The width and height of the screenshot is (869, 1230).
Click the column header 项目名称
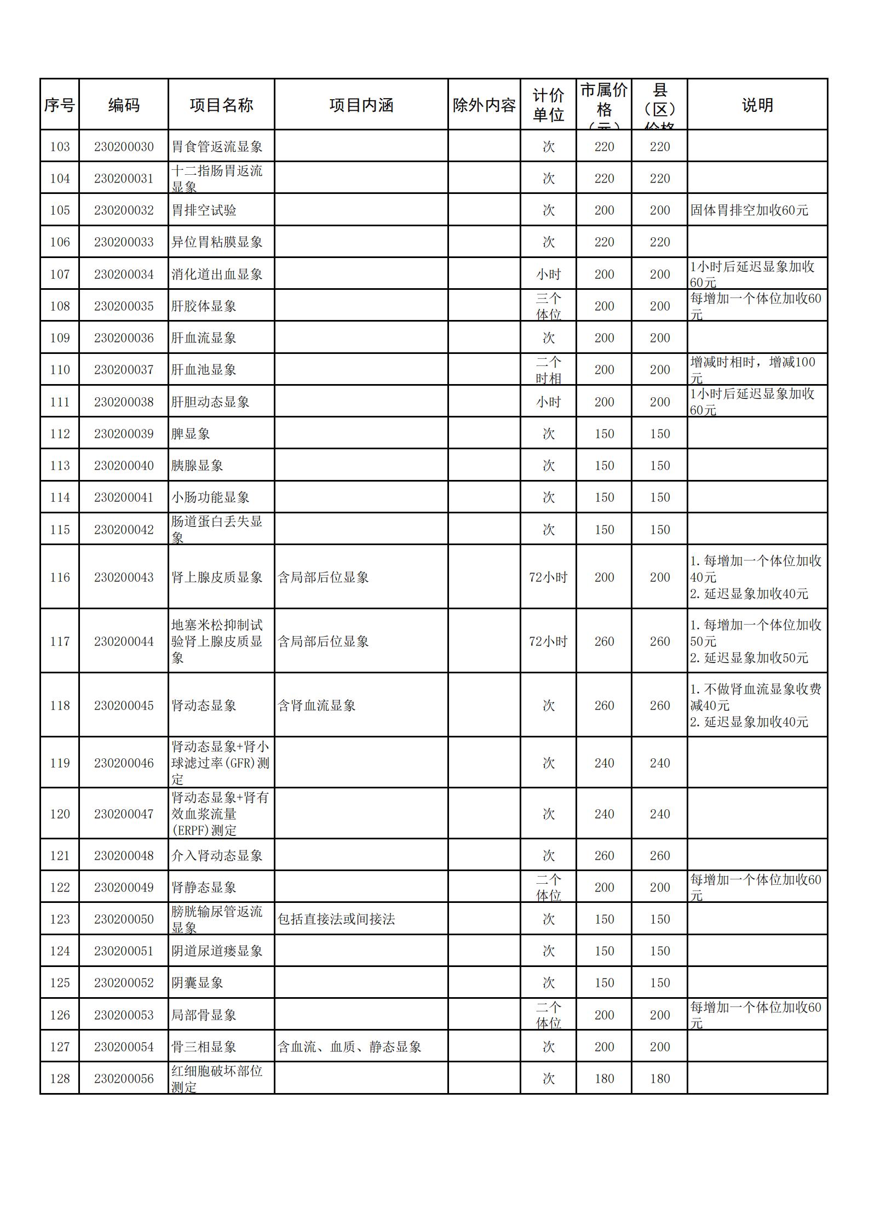tap(221, 105)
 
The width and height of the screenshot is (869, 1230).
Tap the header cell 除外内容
tap(484, 105)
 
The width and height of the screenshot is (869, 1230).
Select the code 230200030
tap(124, 147)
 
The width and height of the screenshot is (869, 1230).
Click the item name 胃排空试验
tap(204, 210)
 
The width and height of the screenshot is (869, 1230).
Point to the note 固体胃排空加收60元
tap(749, 210)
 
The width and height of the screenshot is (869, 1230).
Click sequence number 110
tap(60, 370)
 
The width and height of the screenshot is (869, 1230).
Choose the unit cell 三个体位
tap(548, 306)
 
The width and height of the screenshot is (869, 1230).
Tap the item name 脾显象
tap(191, 434)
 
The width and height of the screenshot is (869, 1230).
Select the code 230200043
tap(124, 577)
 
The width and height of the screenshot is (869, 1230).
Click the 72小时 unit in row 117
tap(548, 642)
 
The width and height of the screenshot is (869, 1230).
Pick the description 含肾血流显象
tap(316, 706)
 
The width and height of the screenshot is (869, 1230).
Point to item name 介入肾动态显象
tap(217, 856)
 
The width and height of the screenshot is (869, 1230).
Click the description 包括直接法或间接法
tap(336, 919)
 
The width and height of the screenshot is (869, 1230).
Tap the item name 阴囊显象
tap(197, 983)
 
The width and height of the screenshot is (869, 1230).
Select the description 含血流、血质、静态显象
tap(349, 1047)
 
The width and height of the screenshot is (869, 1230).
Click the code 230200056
tap(124, 1079)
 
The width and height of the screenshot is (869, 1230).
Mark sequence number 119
tap(60, 763)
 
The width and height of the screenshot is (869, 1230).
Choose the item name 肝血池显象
tap(204, 370)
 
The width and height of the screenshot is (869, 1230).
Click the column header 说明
tap(757, 105)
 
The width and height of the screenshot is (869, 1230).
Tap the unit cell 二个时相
tap(548, 370)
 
